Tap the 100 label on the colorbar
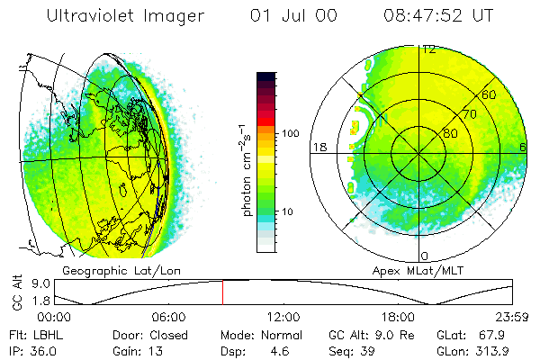[291, 133]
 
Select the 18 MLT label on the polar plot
[319, 147]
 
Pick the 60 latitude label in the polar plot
[490, 94]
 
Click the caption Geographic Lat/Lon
[104, 270]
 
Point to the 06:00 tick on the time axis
[168, 317]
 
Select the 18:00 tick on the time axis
[398, 317]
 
